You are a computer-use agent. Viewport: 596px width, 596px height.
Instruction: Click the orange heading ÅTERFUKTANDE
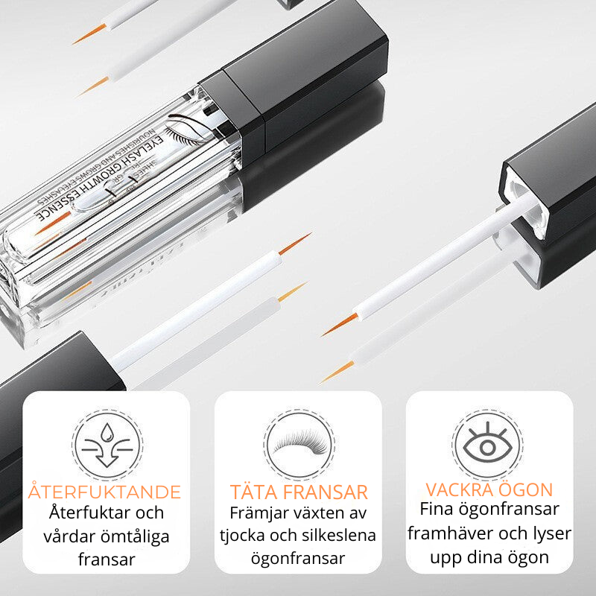point(105,492)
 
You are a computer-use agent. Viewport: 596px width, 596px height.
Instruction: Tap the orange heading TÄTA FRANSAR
point(298,492)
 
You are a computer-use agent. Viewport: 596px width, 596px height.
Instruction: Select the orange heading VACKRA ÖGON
point(489,489)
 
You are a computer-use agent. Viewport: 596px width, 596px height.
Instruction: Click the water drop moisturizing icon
point(107,445)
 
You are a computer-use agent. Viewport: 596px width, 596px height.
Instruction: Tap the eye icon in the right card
point(489,445)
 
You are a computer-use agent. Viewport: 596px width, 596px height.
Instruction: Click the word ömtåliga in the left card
point(138,536)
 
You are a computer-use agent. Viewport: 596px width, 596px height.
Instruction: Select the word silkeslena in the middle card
point(340,536)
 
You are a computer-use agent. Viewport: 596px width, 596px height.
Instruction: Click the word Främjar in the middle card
point(257,514)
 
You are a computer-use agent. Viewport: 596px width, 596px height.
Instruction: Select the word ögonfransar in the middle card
point(298,559)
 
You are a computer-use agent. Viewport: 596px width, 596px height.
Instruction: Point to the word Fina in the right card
point(437,510)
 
